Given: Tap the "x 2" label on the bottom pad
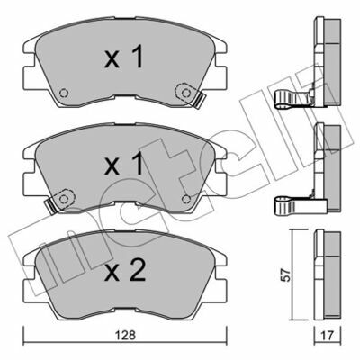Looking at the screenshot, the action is pyautogui.click(x=125, y=271).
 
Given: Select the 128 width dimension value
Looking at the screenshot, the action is pyautogui.click(x=125, y=335).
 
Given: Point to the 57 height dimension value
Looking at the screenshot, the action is pyautogui.click(x=287, y=274).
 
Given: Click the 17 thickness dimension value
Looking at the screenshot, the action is pyautogui.click(x=328, y=336).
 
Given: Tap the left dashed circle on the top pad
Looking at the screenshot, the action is pyautogui.click(x=64, y=93).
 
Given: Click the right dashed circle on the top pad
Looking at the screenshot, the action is pyautogui.click(x=185, y=93).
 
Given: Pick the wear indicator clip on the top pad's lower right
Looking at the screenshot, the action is pyautogui.click(x=199, y=100).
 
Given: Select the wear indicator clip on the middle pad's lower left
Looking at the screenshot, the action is pyautogui.click(x=50, y=205).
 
